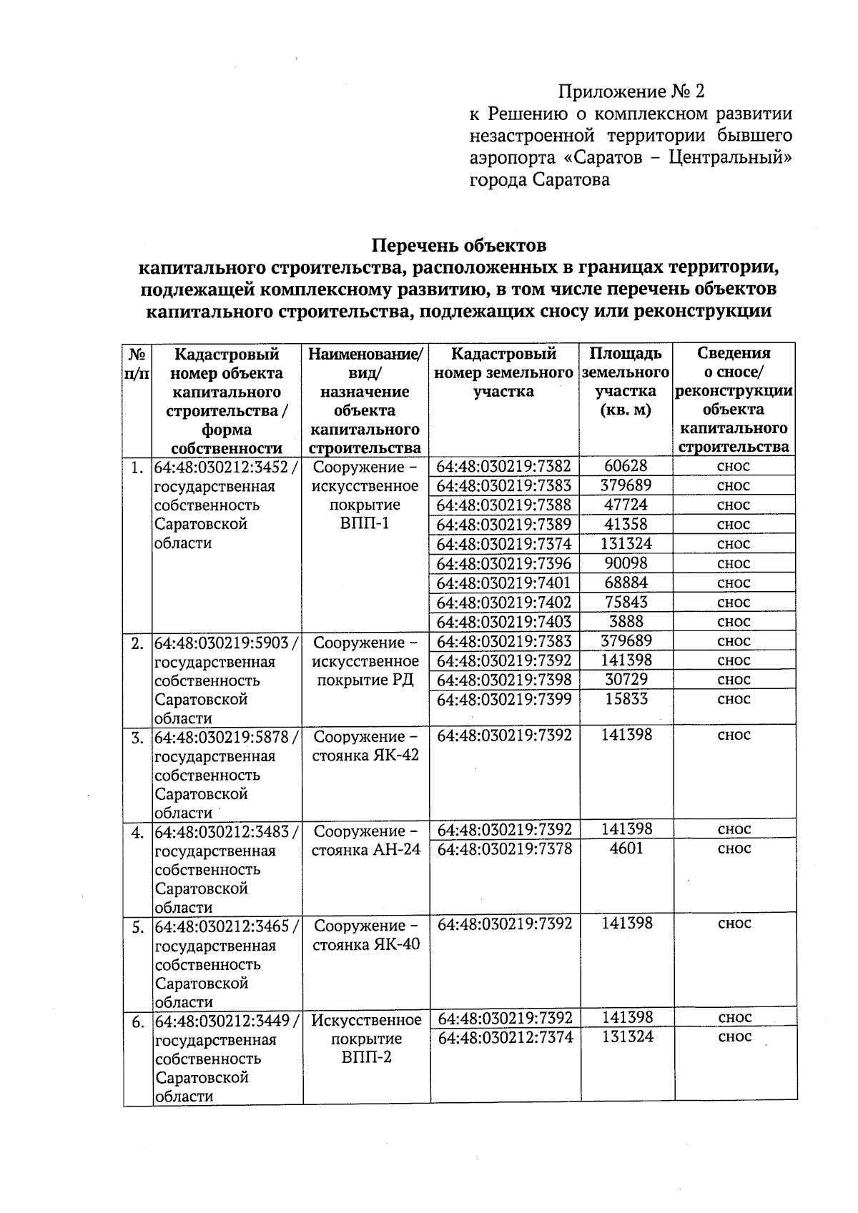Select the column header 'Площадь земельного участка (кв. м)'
pyautogui.click(x=626, y=382)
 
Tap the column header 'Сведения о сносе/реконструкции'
pyautogui.click(x=734, y=400)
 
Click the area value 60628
pyautogui.click(x=626, y=466)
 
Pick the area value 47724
pyautogui.click(x=626, y=505)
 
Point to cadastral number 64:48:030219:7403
pyautogui.click(x=504, y=622)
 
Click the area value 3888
pyautogui.click(x=626, y=622)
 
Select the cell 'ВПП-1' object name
pyautogui.click(x=365, y=524)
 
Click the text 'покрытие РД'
pyautogui.click(x=365, y=680)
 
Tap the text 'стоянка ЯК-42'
pyautogui.click(x=365, y=756)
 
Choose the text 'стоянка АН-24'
pyautogui.click(x=366, y=850)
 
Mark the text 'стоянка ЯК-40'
pyautogui.click(x=365, y=944)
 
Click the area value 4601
pyautogui.click(x=626, y=848)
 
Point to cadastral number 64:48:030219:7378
pyautogui.click(x=504, y=848)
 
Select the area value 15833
pyautogui.click(x=626, y=699)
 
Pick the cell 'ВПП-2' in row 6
pyautogui.click(x=366, y=1057)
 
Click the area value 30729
pyautogui.click(x=626, y=680)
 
